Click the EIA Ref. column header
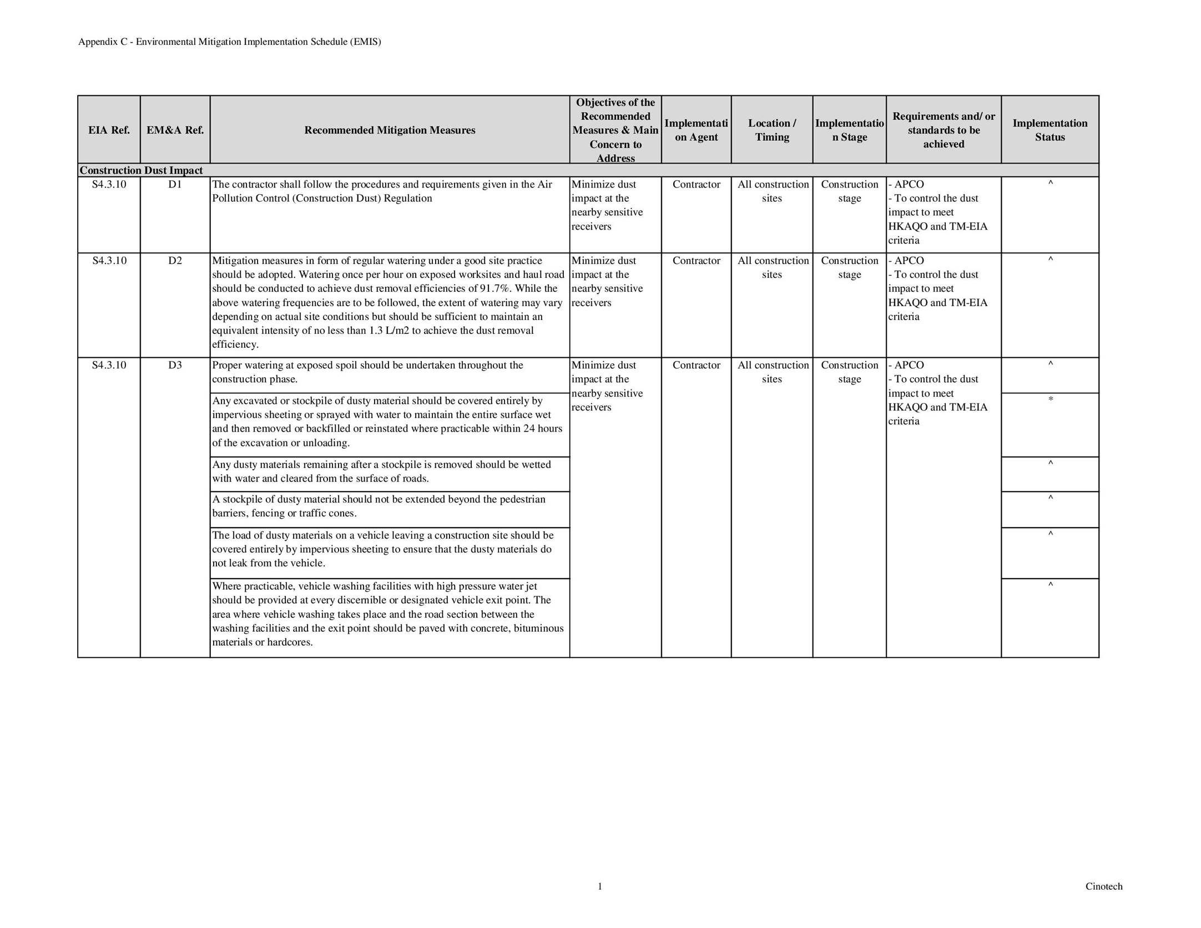pos(109,130)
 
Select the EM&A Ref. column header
pos(175,130)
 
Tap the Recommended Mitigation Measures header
pos(390,130)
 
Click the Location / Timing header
pos(771,130)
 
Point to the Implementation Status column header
pos(1049,130)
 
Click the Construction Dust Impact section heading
pos(141,170)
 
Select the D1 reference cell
pos(175,185)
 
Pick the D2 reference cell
pos(175,261)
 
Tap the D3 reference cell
pos(175,366)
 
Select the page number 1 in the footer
pos(600,886)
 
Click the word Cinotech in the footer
pos(1103,886)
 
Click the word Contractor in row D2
pos(696,261)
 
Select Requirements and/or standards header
pos(943,130)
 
